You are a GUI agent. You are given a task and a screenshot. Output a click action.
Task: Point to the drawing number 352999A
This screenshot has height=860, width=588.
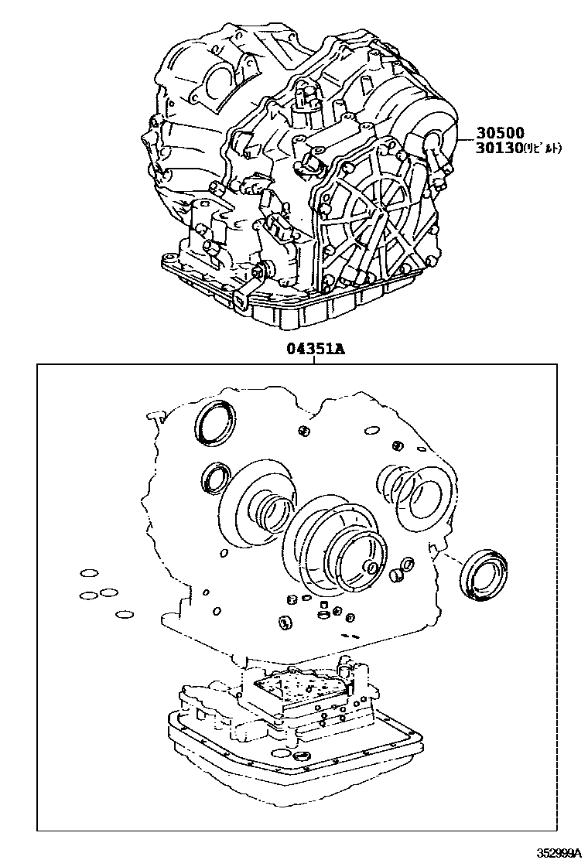click(x=559, y=852)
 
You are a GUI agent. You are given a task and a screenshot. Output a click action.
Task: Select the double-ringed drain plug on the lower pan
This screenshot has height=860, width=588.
click(x=302, y=754)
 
